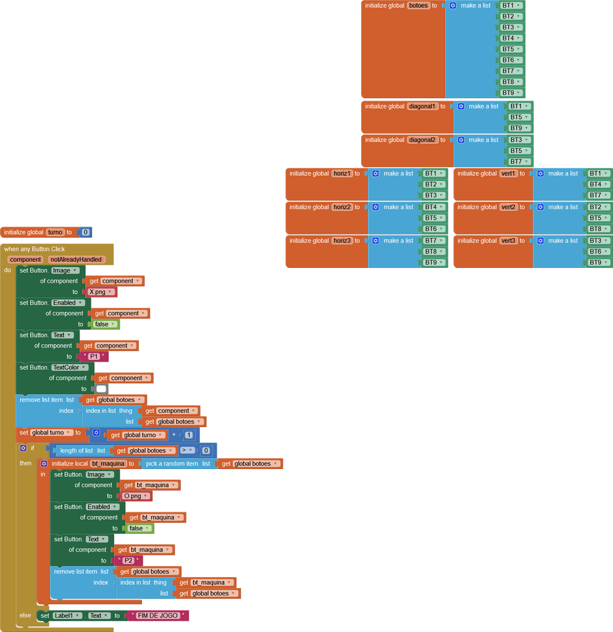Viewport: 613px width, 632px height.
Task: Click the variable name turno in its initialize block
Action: pos(55,232)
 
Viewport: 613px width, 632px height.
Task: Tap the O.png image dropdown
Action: pos(136,496)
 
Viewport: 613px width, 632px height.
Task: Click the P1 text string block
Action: pos(94,357)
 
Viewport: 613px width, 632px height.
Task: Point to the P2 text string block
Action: pos(128,560)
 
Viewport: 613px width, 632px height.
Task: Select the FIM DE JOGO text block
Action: pos(158,615)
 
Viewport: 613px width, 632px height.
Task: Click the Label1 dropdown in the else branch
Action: pos(67,615)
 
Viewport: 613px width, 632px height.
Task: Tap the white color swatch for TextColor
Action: pos(101,389)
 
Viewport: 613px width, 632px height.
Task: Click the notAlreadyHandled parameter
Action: pos(76,260)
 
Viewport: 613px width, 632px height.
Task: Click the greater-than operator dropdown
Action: pos(187,451)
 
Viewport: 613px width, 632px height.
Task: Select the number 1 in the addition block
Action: pos(189,435)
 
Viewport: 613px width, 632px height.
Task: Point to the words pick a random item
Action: pos(172,464)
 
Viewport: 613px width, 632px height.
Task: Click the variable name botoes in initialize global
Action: pos(418,6)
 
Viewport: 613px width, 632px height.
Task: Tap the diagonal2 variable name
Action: pos(422,140)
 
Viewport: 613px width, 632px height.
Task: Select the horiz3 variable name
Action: pos(342,241)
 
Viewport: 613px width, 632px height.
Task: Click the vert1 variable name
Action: pos(508,173)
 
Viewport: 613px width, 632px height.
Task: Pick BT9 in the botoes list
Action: pos(511,93)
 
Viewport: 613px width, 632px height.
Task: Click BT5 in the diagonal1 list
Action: pos(519,117)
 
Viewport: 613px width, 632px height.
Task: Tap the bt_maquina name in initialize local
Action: pos(107,464)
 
